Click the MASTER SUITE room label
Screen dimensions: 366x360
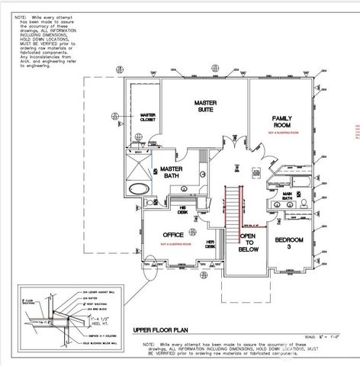[204, 106]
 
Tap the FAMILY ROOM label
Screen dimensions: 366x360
[282, 120]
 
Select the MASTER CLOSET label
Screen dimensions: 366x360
[148, 119]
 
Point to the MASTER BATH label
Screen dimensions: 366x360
[171, 173]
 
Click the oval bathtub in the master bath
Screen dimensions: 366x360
[139, 188]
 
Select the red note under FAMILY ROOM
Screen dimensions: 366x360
[282, 133]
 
